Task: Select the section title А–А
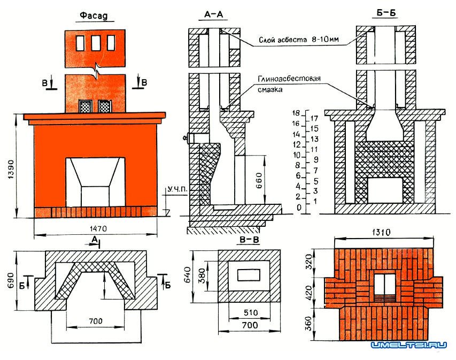coord(213,16)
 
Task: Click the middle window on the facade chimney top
coord(96,42)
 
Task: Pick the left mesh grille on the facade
coord(85,106)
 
